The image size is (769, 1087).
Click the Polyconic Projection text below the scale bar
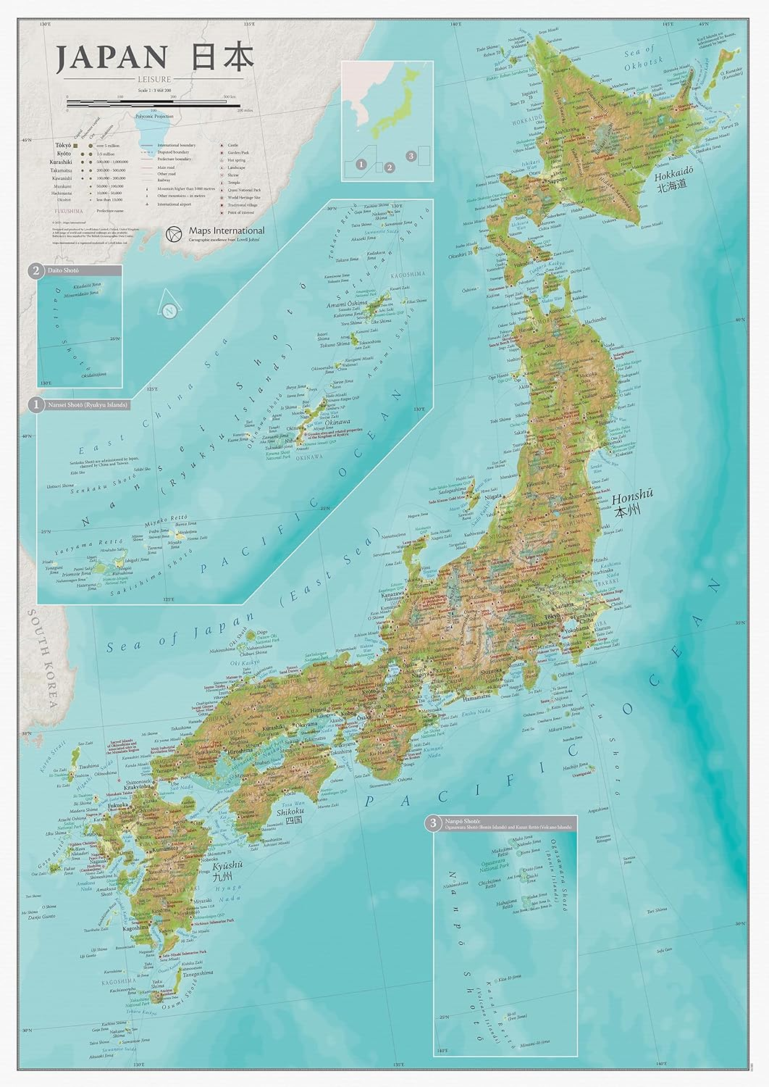[154, 116]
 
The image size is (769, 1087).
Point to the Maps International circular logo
[172, 233]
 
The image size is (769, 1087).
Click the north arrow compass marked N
[169, 311]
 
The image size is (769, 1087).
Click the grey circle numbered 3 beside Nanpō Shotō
[433, 822]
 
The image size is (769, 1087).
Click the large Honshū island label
[630, 501]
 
